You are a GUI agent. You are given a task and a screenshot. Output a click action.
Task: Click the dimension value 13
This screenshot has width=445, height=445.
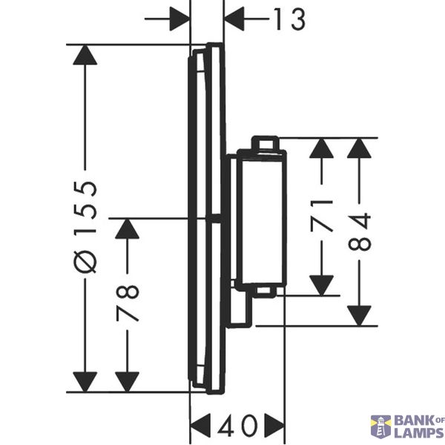[x=290, y=19]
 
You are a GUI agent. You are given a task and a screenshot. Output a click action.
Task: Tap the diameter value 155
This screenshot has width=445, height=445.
[x=85, y=207]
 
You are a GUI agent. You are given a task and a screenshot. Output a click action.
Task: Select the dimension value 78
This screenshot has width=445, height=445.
[x=127, y=303]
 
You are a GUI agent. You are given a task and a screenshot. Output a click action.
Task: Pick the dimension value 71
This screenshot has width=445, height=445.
[x=322, y=215]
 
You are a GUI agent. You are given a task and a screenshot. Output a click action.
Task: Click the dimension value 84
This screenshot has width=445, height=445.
[x=359, y=232]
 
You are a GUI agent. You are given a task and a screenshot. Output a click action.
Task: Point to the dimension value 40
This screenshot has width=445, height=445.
[x=238, y=426]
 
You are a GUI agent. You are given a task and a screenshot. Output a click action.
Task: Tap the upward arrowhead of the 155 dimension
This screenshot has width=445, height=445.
[x=85, y=55]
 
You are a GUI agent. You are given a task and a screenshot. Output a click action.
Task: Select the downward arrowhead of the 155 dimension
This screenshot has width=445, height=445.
[x=85, y=382]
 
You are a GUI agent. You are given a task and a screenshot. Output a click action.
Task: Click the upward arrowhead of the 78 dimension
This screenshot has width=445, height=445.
[x=127, y=228]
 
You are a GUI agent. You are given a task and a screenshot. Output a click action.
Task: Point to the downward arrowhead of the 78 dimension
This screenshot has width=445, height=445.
[x=127, y=382]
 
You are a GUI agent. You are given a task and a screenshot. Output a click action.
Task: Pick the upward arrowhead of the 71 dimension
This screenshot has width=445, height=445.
[x=322, y=148]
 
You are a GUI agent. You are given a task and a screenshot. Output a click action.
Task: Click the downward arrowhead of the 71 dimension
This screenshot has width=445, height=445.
[x=322, y=286]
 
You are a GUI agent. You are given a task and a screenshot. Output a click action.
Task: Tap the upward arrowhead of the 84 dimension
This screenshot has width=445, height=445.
[x=359, y=148]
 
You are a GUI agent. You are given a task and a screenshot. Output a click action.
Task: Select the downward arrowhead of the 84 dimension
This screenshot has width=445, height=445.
[x=359, y=316]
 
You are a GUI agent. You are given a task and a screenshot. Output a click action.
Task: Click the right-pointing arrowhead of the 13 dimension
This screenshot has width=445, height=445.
[x=179, y=19]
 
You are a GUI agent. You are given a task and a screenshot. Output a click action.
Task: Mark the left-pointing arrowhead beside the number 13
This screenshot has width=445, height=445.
[x=234, y=19]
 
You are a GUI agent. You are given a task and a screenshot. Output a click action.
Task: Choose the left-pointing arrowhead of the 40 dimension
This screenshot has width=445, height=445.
[x=200, y=426]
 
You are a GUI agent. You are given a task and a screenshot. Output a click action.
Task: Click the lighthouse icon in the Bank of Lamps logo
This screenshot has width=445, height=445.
[x=381, y=427]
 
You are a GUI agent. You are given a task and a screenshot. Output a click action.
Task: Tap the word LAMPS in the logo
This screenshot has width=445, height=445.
[x=418, y=433]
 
